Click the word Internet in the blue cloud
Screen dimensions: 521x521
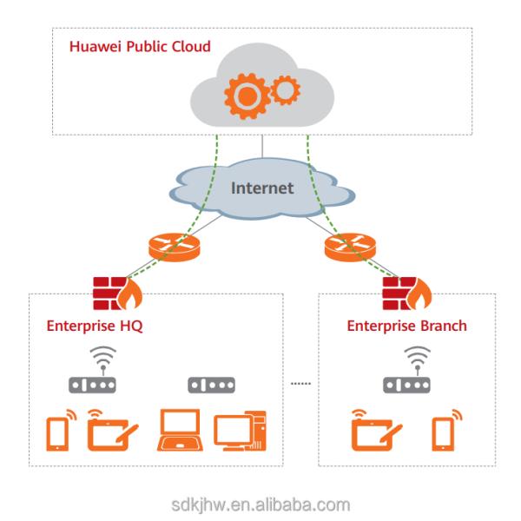[x=261, y=188]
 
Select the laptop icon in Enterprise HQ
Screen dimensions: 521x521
[x=181, y=431]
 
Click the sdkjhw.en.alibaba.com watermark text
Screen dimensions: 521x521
[x=260, y=501]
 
